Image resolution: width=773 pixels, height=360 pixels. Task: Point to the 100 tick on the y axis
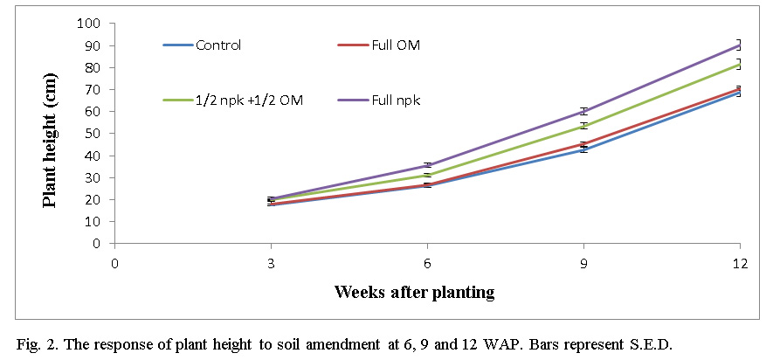coord(91,24)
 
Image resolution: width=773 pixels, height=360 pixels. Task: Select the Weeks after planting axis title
coord(414,292)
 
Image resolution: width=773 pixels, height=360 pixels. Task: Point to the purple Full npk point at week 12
coord(739,45)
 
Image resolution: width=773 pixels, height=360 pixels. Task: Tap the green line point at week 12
coord(739,63)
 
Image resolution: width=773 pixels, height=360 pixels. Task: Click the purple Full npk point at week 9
coord(583,111)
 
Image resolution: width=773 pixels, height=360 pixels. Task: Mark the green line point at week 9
coord(583,126)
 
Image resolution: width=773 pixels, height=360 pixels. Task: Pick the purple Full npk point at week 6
coord(427,165)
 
